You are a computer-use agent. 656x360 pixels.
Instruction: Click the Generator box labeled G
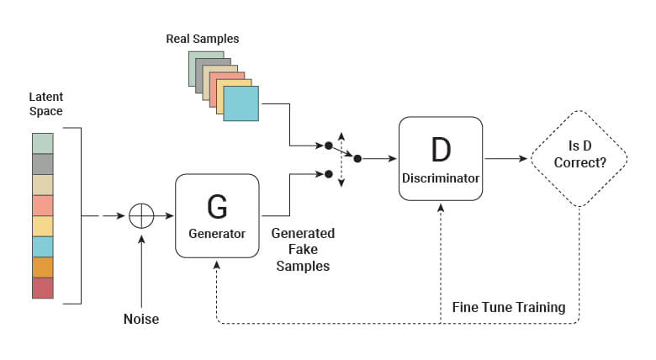tap(217, 215)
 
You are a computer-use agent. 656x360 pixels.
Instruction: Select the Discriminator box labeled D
tap(441, 159)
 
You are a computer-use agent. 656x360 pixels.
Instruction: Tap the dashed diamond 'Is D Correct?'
tap(579, 159)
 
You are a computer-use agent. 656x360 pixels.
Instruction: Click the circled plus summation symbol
tap(141, 216)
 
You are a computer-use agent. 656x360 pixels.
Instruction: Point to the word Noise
tap(141, 319)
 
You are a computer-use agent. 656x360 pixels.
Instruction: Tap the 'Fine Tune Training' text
tap(509, 307)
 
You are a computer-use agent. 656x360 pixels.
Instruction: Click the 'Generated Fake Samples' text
tap(303, 249)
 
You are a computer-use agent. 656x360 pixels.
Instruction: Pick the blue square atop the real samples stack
tap(241, 103)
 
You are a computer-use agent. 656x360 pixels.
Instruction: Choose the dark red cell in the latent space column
tap(42, 288)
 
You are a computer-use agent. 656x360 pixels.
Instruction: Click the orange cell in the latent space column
tap(42, 267)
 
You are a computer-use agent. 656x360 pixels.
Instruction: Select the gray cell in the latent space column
tap(42, 164)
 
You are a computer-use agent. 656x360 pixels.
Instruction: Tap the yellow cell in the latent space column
tap(42, 226)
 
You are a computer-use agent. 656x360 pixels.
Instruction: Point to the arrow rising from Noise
tap(141, 269)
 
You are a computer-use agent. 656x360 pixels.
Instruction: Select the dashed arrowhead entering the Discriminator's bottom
tap(441, 207)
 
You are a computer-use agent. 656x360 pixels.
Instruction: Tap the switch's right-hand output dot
tap(357, 158)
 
